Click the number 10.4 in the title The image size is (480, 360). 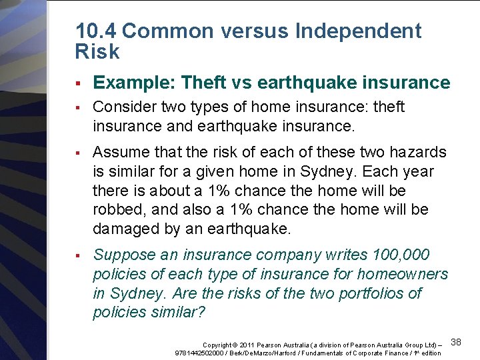97,31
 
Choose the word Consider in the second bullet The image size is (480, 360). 121,107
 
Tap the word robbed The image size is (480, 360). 119,210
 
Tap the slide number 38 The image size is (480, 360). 456,342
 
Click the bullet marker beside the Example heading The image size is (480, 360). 78,84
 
